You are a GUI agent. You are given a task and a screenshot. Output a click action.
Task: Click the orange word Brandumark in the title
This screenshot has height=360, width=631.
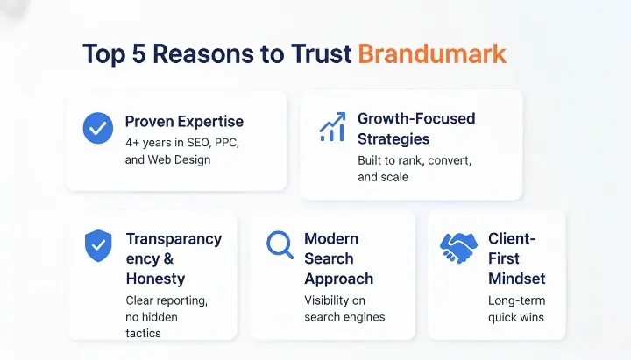pos(432,53)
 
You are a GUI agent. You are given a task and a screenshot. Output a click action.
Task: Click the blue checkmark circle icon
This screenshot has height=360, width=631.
pos(97,129)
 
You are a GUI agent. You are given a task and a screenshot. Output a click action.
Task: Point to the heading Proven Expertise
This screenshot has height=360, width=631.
pos(184,121)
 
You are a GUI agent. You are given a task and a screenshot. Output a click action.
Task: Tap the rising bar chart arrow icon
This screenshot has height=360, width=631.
pos(331,127)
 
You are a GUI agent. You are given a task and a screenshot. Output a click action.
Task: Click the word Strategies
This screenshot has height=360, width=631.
pos(393,138)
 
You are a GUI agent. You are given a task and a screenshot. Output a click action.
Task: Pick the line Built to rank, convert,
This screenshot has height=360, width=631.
pos(415,160)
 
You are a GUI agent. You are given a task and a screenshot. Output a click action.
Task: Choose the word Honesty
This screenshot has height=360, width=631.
pos(155,279)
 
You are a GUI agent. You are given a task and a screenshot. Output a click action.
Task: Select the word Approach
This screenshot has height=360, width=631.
pos(338,279)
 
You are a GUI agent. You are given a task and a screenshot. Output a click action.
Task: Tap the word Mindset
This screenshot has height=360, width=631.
pos(517,279)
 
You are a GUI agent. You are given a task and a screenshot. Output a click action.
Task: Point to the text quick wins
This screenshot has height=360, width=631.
pos(515,316)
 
